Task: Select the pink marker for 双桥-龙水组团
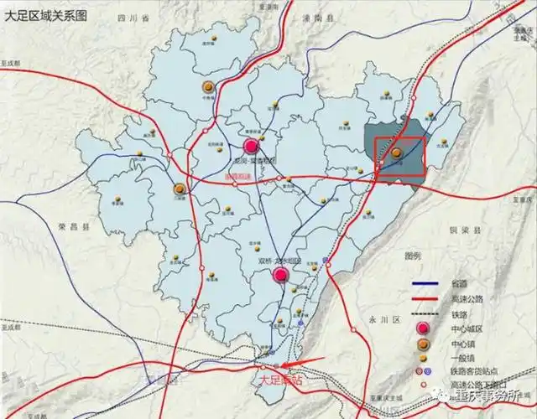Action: click(281, 273)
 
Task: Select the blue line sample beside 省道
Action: click(427, 282)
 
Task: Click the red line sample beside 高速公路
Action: click(427, 298)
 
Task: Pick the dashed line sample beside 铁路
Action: click(427, 313)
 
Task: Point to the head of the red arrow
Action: click(285, 365)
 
